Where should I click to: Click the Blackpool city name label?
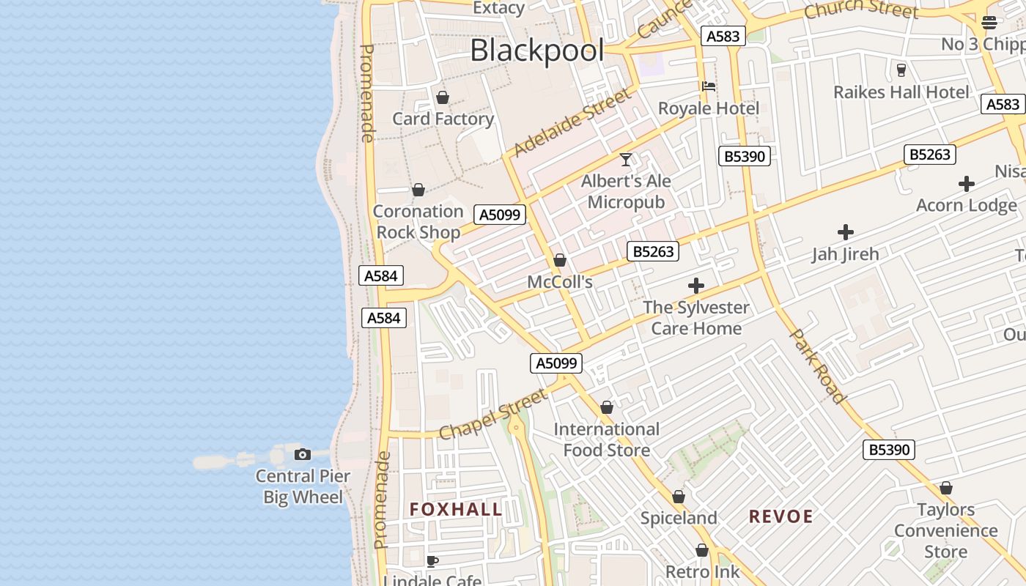537,51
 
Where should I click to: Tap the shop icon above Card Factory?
443,97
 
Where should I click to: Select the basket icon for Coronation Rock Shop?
418,190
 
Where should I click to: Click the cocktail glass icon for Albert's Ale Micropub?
626,159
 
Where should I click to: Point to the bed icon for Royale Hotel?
709,86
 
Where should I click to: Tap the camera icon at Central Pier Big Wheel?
303,454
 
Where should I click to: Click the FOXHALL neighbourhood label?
456,510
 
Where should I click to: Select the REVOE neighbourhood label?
780,516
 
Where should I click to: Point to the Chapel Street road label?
493,414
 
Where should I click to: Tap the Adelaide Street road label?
572,122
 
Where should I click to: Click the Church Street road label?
860,10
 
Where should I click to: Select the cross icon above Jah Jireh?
846,233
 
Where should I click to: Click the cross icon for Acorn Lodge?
967,184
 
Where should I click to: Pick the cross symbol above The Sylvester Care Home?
696,286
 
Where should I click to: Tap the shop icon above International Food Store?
607,407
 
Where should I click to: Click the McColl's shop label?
560,282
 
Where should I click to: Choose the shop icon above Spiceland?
679,497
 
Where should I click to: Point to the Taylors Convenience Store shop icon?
946,488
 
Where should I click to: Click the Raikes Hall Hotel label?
901,92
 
